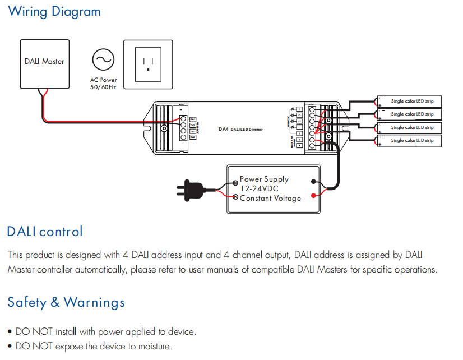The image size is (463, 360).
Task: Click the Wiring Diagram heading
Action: coord(54,11)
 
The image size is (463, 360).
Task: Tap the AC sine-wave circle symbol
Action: coord(103,59)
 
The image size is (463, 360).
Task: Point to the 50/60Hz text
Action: coord(103,87)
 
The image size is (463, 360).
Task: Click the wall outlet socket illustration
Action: coord(148,64)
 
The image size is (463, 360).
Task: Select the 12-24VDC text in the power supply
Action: coord(259,189)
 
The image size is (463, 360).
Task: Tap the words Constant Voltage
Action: coord(270,198)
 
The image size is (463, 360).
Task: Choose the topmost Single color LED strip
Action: coord(409,101)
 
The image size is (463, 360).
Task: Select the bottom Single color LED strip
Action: coord(409,141)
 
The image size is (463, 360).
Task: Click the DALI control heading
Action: coord(45,232)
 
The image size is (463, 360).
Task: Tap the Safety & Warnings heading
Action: coord(66,303)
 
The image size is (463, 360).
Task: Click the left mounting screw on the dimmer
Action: coord(164,128)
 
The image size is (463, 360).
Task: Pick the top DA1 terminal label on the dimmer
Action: coord(193,119)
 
